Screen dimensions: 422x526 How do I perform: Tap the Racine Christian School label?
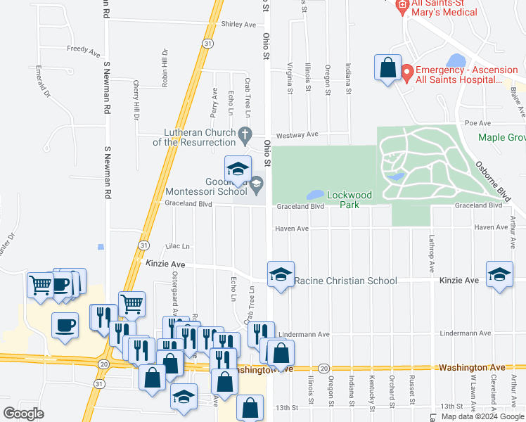(345, 281)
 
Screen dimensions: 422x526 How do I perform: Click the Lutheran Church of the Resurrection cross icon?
(245, 134)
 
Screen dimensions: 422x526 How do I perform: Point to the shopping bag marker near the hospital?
(387, 68)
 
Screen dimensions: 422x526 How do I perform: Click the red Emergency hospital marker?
(406, 72)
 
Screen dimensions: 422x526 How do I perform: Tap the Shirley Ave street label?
(238, 24)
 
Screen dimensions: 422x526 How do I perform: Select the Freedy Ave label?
(83, 50)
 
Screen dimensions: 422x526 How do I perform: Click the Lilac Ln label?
(178, 246)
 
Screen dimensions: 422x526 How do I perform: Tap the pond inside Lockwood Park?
(315, 194)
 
